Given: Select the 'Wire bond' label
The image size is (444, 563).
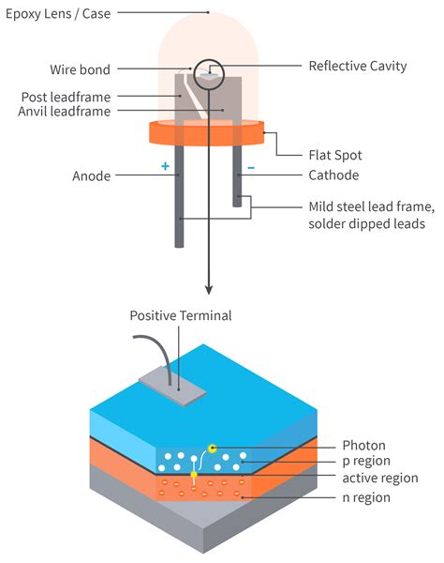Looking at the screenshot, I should point(80,69).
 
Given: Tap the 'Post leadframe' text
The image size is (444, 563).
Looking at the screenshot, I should point(65,97).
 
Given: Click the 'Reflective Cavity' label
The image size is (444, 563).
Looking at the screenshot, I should point(359,67).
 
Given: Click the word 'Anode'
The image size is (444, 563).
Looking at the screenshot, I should point(92,175).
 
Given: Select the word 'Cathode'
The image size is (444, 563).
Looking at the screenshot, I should point(333,175).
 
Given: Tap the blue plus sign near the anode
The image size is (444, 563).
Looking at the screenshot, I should point(165,167).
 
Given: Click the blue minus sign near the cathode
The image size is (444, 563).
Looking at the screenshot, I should point(250,169).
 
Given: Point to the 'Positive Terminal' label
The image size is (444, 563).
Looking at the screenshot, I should point(181,315).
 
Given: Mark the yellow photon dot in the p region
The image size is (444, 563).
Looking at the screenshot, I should point(214,448).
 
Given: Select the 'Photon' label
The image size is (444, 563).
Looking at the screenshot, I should point(363,446).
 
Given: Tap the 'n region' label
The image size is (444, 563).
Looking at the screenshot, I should point(366,498).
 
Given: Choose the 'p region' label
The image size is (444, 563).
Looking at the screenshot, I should point(367,463).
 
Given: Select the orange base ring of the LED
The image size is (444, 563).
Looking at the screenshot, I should point(206,132).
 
